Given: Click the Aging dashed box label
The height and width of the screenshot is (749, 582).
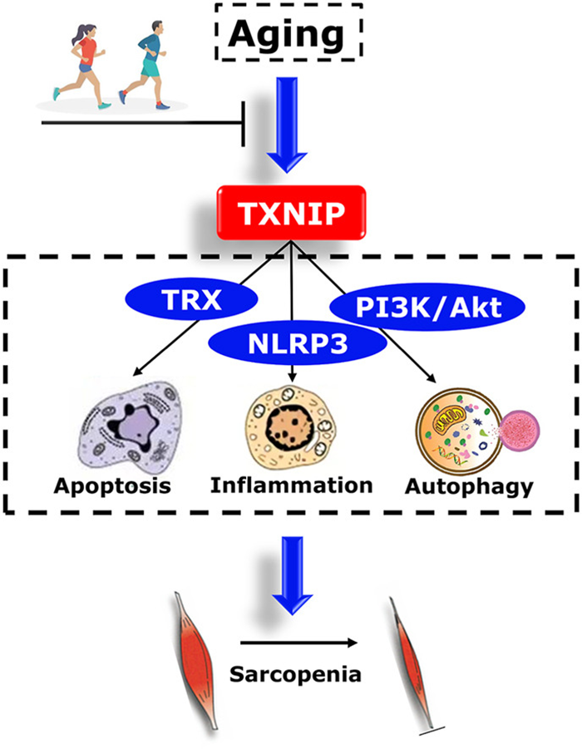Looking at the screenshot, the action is click(287, 33).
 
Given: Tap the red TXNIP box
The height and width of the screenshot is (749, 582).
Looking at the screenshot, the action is click(292, 213).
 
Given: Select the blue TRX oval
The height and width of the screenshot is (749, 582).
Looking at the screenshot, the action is click(191, 299).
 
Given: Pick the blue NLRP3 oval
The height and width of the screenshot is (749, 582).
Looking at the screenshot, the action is click(297, 342).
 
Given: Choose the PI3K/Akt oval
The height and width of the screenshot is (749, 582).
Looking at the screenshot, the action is click(427, 307).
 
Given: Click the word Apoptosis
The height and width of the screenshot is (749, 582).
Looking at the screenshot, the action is click(112, 485).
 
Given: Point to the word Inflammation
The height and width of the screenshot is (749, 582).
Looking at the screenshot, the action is click(292, 485).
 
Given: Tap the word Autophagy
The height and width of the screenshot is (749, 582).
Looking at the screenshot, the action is click(469, 487).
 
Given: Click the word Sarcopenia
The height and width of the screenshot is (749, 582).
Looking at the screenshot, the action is click(295, 674).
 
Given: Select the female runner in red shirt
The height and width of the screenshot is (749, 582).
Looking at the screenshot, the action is click(81, 65).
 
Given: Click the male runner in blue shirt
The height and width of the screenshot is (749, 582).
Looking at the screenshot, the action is click(145, 65).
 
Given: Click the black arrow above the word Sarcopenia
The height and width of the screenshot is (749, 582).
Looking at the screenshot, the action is click(299, 643).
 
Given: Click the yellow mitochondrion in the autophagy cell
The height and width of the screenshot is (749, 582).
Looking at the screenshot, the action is click(448, 420).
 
